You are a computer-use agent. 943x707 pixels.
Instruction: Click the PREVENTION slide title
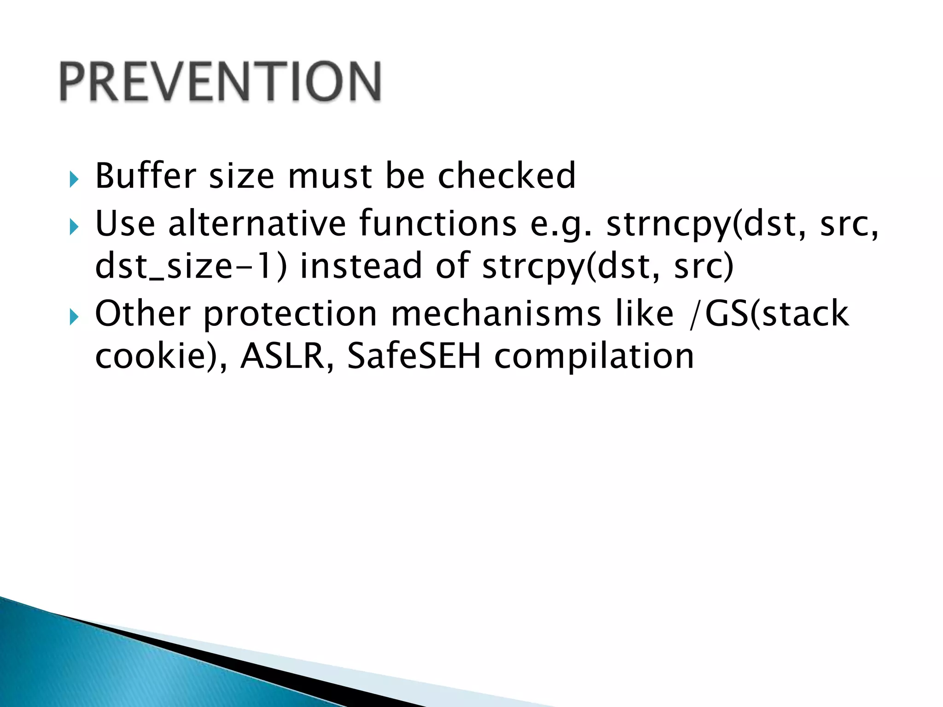tap(220, 81)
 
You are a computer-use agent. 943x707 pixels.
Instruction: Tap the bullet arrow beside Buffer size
tap(74, 180)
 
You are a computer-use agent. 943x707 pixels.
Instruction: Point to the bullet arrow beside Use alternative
tap(74, 226)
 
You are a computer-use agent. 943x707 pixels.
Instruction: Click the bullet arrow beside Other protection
tap(74, 317)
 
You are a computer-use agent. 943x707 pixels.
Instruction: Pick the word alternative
tap(257, 224)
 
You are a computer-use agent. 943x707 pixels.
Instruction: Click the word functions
tap(437, 224)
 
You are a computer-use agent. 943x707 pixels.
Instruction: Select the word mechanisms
tap(495, 314)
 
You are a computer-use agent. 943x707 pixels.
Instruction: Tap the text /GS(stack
tap(769, 314)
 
